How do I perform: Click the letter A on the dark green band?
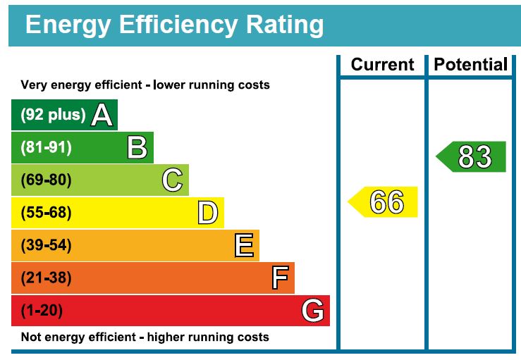102,115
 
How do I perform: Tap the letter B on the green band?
137,148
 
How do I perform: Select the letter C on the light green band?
172,180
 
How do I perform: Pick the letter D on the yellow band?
207,213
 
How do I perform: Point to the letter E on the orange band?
244,246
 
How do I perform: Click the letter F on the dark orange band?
280,278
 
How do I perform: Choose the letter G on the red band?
313,311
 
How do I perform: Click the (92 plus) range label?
53,115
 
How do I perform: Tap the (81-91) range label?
47,148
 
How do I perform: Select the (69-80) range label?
47,180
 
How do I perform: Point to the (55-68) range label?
47,213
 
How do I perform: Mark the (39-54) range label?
47,246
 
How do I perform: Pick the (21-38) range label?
47,278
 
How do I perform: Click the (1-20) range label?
42,311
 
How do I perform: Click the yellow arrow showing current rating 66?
384,202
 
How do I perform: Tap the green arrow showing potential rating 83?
472,156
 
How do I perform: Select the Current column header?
383,65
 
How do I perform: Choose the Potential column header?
470,65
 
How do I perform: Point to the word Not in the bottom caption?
30,337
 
